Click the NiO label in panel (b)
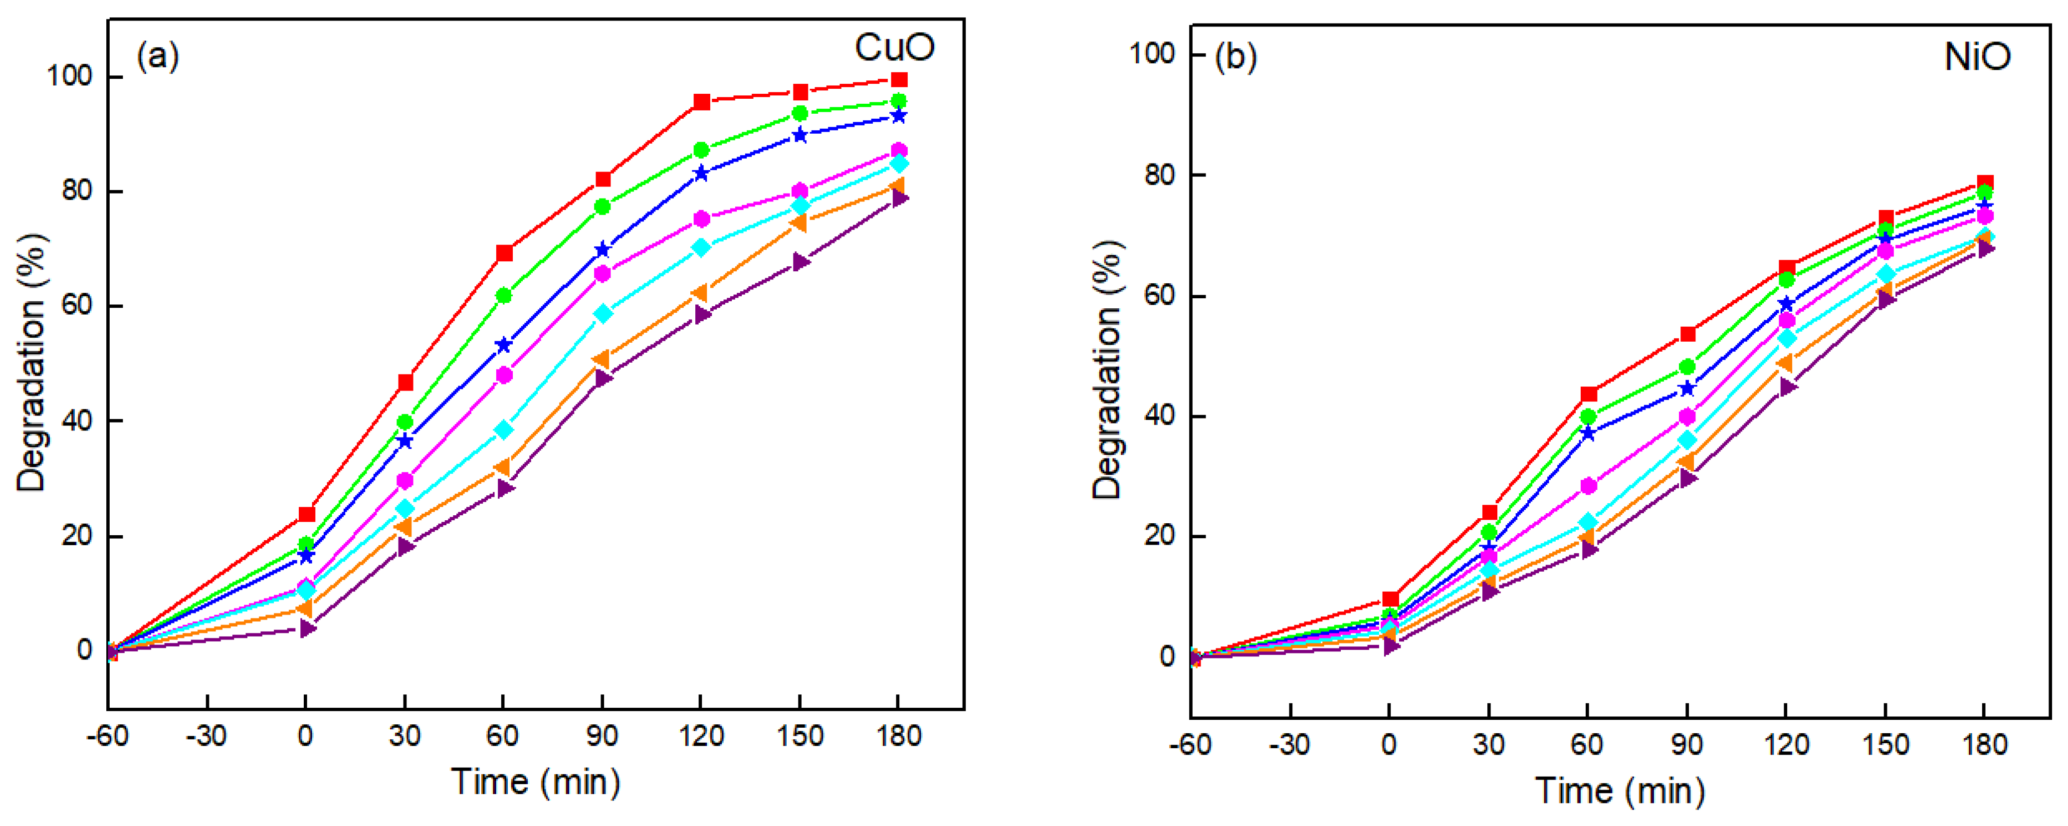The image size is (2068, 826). pyautogui.click(x=1977, y=56)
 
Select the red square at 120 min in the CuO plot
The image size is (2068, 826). pyautogui.click(x=702, y=102)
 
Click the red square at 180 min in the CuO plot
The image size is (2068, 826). pyautogui.click(x=899, y=79)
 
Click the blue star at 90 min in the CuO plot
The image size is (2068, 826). pyautogui.click(x=603, y=250)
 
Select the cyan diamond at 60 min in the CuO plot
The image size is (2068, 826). pyautogui.click(x=503, y=430)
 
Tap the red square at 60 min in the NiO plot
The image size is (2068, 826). pyautogui.click(x=1589, y=394)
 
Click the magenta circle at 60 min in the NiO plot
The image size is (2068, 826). pyautogui.click(x=1589, y=486)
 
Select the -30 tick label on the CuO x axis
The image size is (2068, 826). pyautogui.click(x=207, y=735)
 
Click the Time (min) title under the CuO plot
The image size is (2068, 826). pyautogui.click(x=536, y=782)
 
